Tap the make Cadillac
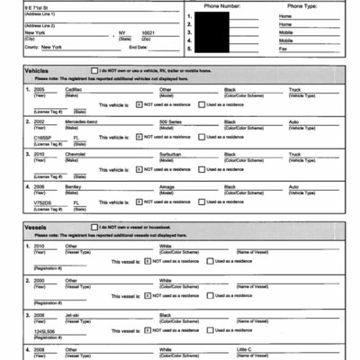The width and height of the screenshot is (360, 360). click(x=75, y=90)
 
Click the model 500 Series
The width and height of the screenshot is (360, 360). click(x=172, y=121)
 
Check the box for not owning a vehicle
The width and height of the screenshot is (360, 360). click(x=94, y=69)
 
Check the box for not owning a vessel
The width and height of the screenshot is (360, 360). click(x=94, y=226)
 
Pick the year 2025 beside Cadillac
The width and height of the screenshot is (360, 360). click(x=39, y=90)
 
